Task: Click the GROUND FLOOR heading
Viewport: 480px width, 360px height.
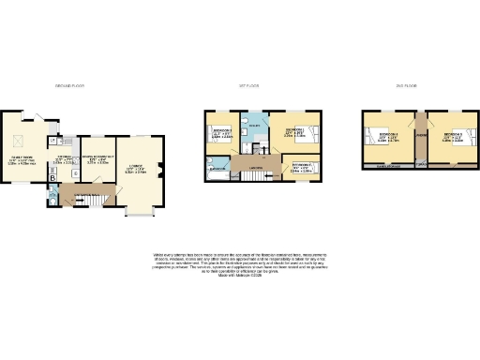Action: click(70, 86)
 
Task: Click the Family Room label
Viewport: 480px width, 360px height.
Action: click(22, 160)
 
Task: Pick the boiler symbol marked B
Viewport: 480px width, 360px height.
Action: click(52, 177)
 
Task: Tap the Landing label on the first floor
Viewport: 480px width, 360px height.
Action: click(255, 169)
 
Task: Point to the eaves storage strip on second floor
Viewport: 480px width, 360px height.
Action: click(387, 166)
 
